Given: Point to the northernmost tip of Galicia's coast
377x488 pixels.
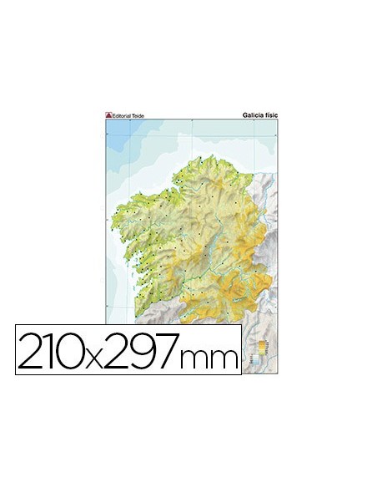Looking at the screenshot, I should tap(201, 156).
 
